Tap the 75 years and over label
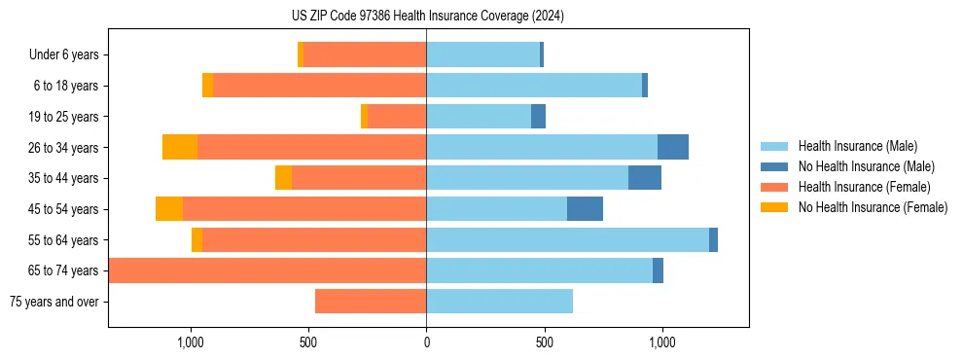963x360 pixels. point(54,302)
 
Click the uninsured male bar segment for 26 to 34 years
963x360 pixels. point(673,147)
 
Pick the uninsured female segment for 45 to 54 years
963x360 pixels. point(169,209)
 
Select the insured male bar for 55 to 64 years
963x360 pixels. point(567,239)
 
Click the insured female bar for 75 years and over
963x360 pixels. point(371,302)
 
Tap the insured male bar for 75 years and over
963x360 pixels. point(499,302)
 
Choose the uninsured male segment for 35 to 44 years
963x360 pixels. point(645,178)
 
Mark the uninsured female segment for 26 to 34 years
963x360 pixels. point(180,147)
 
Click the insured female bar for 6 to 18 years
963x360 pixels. point(319,86)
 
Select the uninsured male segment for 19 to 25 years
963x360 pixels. point(538,117)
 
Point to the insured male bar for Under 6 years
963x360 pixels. point(482,55)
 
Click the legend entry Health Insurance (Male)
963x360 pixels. point(857,146)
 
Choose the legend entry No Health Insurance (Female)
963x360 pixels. point(873,207)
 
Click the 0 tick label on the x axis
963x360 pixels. point(426,342)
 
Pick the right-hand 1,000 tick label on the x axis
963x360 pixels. point(661,342)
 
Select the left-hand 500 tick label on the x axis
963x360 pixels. point(308,342)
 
